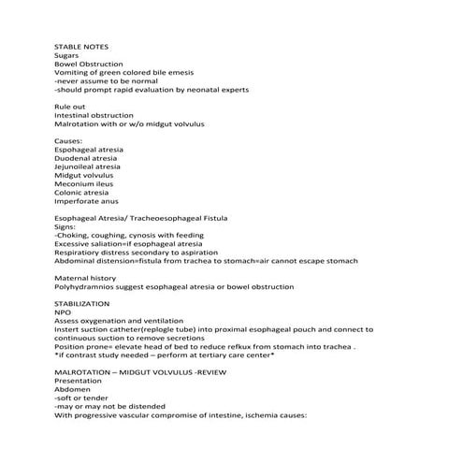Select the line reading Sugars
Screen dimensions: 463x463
pos(67,55)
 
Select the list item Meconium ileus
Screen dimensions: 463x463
pos(87,184)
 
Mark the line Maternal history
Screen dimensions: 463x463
pos(85,279)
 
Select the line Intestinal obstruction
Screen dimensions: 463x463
pos(94,115)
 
